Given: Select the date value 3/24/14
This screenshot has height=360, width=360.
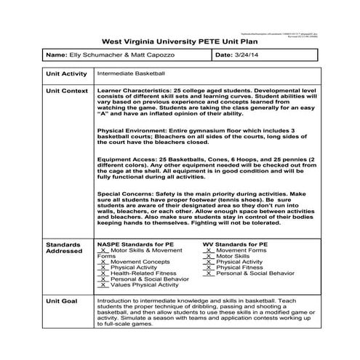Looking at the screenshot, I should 246,55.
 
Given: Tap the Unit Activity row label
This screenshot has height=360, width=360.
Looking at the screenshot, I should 66,74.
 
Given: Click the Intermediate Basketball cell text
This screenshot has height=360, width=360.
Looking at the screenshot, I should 132,74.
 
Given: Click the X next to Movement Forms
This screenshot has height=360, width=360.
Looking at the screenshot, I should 210,250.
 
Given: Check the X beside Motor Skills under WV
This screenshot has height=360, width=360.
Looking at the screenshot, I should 210,256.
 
